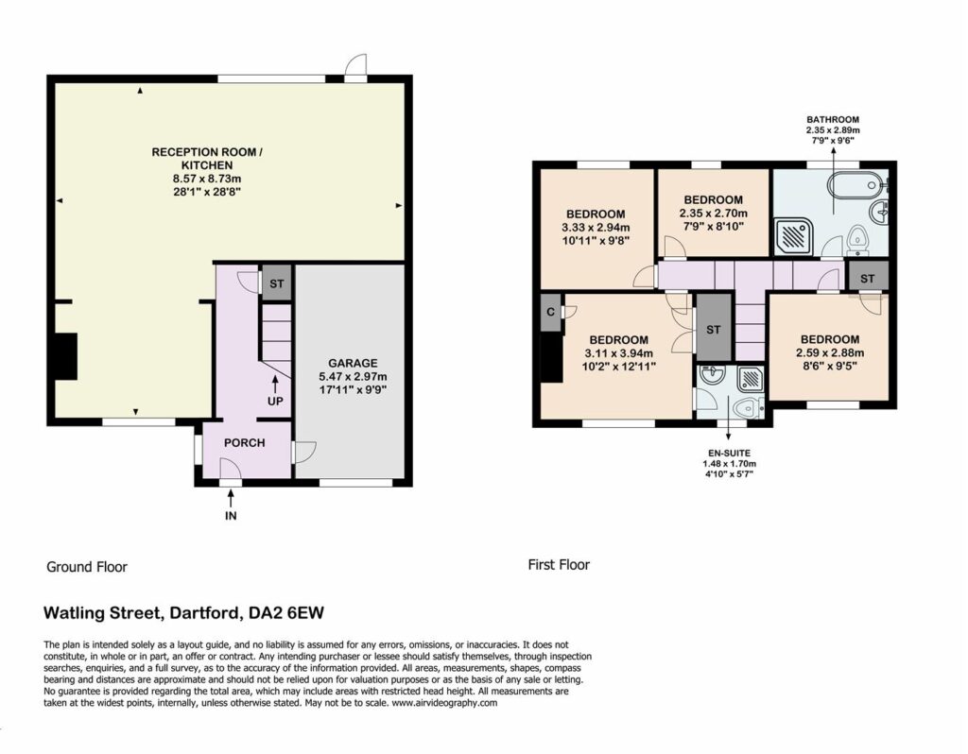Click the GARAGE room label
(x=353, y=364)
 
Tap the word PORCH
(x=245, y=443)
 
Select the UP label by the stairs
(x=275, y=401)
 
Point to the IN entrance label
(x=231, y=516)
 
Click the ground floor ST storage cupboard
(x=277, y=283)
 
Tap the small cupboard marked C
(x=551, y=312)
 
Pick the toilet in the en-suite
(x=750, y=407)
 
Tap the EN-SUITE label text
(x=729, y=453)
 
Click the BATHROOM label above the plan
(x=833, y=120)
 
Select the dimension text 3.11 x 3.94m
(x=618, y=353)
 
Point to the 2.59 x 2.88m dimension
(x=830, y=353)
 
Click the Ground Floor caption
(x=87, y=567)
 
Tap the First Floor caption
(x=559, y=565)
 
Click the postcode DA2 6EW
(x=285, y=613)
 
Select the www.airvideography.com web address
(x=444, y=702)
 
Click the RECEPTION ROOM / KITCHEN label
(x=207, y=159)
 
